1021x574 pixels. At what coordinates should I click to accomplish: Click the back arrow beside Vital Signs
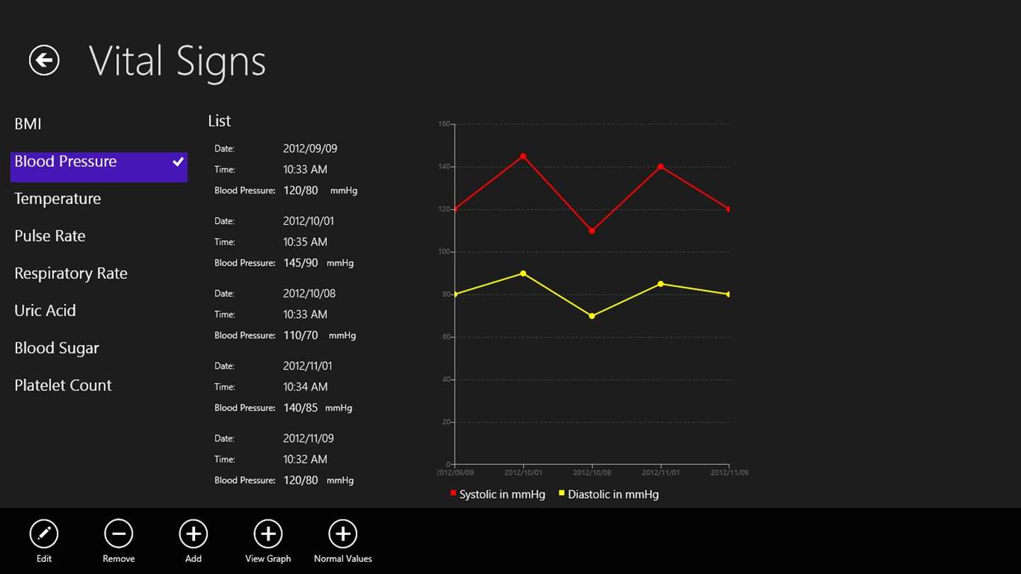click(44, 60)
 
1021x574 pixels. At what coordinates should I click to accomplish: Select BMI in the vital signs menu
click(28, 124)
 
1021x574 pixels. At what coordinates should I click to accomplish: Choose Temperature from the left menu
click(57, 198)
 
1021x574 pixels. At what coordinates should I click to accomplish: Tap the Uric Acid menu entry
click(45, 310)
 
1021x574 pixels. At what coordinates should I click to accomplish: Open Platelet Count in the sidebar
click(63, 386)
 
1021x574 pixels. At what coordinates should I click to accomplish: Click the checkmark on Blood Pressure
click(178, 162)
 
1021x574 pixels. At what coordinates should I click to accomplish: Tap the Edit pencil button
click(44, 534)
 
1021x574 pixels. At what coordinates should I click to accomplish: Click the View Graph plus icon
click(268, 534)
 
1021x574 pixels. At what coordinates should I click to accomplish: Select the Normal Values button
click(342, 534)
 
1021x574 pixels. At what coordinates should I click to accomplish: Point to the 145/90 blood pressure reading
click(301, 263)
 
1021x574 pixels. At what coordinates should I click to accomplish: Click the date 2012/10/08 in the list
click(309, 293)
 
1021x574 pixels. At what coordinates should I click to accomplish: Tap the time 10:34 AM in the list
click(305, 387)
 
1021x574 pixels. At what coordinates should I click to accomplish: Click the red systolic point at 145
click(523, 156)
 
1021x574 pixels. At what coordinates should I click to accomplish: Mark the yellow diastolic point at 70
click(592, 316)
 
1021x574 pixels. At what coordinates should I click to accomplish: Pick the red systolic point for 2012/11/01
click(661, 167)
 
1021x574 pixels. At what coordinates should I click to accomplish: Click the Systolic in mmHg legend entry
click(498, 494)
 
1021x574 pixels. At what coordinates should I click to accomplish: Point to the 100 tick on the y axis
click(445, 252)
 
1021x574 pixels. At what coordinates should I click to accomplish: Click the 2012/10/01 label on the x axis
click(523, 472)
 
